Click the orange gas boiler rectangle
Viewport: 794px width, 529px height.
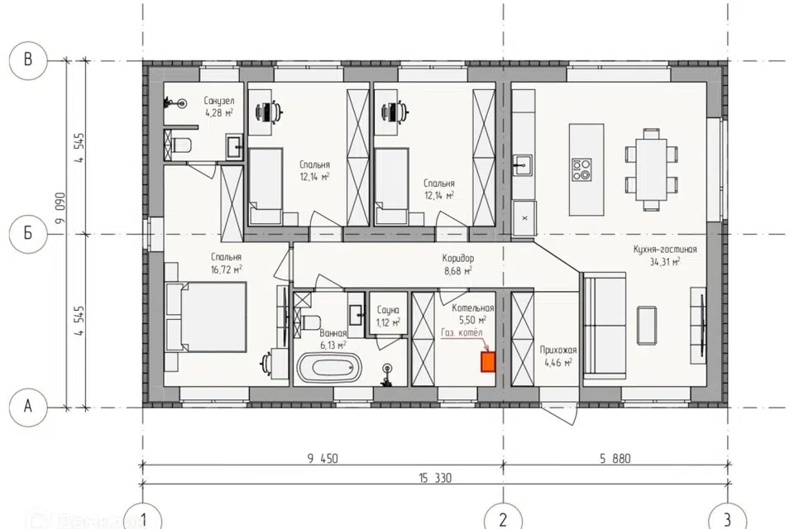coord(488,362)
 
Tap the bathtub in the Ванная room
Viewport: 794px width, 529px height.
coord(330,368)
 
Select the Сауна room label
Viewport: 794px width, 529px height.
coord(388,310)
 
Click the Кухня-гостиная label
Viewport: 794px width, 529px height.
coord(665,249)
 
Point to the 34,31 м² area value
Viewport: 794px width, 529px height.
coord(665,261)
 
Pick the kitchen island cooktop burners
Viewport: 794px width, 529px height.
coord(581,169)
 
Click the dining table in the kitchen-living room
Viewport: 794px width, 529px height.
coord(652,169)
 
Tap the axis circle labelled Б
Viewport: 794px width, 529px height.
coord(28,233)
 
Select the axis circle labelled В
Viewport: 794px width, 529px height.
coord(28,60)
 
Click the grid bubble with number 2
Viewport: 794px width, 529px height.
coord(503,518)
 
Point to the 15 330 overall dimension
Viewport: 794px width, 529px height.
coord(435,478)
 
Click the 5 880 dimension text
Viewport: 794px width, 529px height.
coord(615,459)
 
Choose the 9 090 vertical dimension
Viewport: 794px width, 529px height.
coord(60,207)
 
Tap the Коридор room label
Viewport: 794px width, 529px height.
coord(458,258)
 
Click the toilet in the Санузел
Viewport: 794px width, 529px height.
coord(182,145)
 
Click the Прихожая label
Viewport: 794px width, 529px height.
coord(558,350)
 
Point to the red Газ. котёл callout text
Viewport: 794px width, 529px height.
coord(462,332)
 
